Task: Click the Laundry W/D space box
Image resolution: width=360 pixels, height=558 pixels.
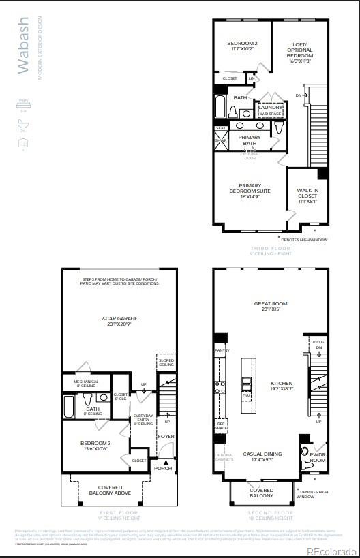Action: tap(270, 110)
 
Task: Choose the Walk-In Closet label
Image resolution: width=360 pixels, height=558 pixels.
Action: tap(307, 196)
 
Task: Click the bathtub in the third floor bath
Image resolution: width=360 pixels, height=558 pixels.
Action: tap(222, 107)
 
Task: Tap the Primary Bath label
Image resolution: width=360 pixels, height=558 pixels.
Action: tap(250, 140)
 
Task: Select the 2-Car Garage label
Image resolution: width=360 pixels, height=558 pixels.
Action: tap(119, 321)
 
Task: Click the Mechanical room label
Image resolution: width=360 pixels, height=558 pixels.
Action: tap(86, 383)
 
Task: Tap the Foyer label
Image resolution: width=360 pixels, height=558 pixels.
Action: tap(166, 436)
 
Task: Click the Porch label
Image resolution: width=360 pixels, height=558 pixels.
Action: tap(163, 468)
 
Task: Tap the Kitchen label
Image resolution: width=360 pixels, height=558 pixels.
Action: tap(281, 385)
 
